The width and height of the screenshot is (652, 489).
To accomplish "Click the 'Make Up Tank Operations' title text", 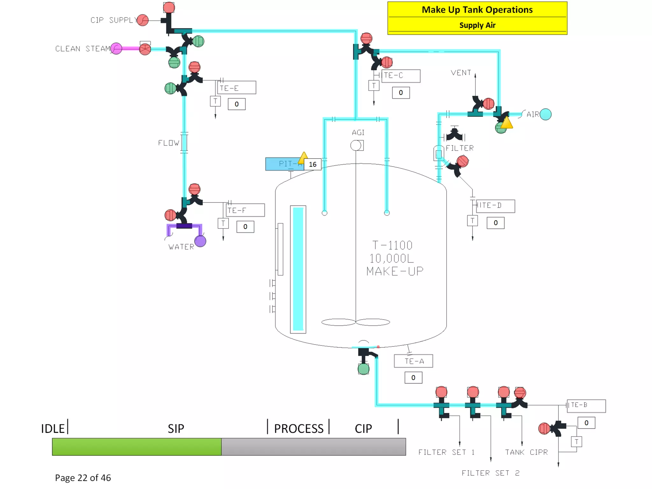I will [477, 10].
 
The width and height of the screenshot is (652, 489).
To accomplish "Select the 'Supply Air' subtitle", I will [477, 25].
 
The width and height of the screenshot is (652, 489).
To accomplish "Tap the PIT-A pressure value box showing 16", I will [312, 164].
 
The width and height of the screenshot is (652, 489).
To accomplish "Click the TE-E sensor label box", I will [237, 88].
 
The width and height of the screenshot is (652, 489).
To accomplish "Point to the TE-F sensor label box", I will [245, 210].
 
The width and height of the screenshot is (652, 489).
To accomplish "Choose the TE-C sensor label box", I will [400, 76].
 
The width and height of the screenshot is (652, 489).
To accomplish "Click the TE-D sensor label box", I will [495, 206].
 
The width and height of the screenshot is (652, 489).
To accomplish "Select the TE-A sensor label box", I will [413, 361].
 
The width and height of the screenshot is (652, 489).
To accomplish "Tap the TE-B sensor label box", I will [586, 406].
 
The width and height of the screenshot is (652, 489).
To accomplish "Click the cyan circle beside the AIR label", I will [545, 114].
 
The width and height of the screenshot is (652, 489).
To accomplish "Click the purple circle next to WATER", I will [200, 241].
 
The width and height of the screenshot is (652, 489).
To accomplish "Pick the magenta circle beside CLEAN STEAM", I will [116, 49].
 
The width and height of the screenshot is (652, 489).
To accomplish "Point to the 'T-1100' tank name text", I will [392, 245].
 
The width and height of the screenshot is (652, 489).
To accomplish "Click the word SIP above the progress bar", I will [176, 429].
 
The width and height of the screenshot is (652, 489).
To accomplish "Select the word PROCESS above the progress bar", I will [299, 429].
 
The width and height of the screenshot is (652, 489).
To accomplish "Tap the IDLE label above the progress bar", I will [53, 429].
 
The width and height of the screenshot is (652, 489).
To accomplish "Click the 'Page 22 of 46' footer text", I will [83, 478].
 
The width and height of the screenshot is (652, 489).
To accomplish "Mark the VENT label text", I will [461, 73].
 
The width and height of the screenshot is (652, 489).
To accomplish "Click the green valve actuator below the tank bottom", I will [363, 369].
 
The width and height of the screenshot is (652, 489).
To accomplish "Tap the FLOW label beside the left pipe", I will [168, 143].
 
